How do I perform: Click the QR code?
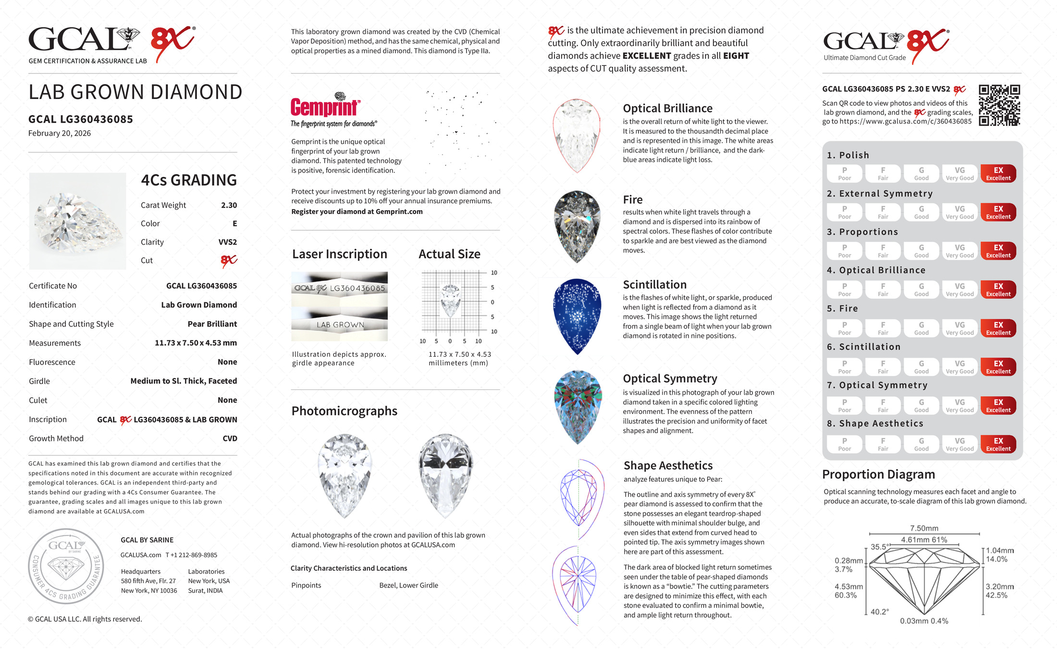coord(999,105)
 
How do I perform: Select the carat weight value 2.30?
coord(229,205)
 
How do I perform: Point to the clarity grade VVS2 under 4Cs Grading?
coord(228,242)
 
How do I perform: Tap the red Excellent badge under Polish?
coord(998,174)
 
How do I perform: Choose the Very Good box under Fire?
coord(959,328)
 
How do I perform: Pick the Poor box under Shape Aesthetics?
coord(844,444)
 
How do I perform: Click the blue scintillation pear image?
coord(577,316)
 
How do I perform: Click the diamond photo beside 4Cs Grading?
coord(78,221)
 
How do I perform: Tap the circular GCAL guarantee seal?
coord(66,566)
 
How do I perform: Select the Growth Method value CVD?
coord(230,438)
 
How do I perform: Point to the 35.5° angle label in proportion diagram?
coord(880,547)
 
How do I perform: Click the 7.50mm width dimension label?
coord(924,528)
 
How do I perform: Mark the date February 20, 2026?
coord(60,134)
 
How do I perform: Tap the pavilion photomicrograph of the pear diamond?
coord(445,475)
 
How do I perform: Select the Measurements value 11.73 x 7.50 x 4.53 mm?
coord(196,343)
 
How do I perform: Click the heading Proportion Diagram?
coord(878,474)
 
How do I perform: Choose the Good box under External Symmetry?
coord(921,212)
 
